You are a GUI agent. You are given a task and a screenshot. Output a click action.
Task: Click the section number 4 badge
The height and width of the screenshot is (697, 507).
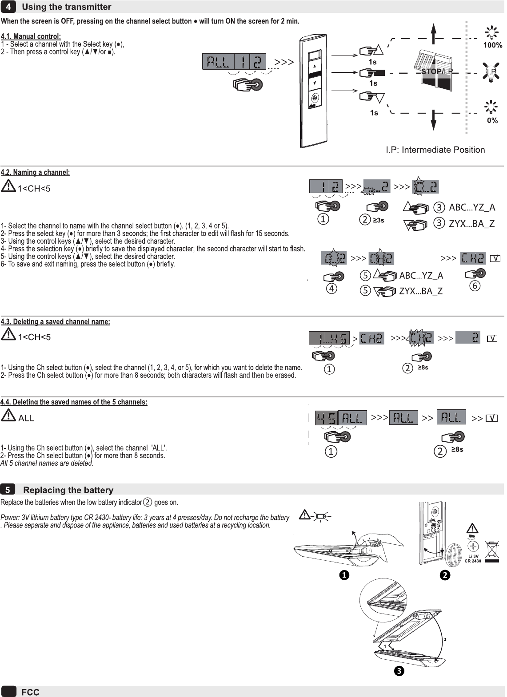click(8, 7)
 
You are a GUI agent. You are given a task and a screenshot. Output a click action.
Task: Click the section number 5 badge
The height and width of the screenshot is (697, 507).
click(8, 490)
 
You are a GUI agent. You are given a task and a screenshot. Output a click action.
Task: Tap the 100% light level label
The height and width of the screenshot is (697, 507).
click(492, 45)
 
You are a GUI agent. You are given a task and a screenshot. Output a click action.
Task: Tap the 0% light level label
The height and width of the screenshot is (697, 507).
click(492, 120)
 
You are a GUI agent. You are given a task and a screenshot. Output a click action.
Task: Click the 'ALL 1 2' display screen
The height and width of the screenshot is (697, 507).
click(234, 62)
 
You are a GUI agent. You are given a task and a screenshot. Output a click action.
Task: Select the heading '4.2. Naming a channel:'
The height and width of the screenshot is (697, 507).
click(36, 172)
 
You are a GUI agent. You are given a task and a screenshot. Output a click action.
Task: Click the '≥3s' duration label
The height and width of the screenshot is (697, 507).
click(379, 220)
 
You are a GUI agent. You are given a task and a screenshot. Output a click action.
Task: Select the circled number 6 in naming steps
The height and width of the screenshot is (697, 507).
click(475, 286)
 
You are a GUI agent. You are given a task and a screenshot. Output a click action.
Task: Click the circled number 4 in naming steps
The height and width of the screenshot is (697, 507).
click(331, 289)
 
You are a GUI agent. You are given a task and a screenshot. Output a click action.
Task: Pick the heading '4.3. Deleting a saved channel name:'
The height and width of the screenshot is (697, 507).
click(56, 322)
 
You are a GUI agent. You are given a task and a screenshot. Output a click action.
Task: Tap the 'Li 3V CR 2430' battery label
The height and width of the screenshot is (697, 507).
click(473, 558)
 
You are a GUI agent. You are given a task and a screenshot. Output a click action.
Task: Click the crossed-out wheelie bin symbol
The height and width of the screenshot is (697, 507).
click(492, 551)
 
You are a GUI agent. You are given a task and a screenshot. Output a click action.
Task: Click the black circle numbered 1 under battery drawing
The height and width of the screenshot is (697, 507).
click(343, 575)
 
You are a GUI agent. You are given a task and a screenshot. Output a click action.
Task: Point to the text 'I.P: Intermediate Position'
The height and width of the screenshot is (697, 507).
click(435, 150)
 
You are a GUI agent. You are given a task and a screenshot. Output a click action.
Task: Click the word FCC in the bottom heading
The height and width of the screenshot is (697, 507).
click(30, 692)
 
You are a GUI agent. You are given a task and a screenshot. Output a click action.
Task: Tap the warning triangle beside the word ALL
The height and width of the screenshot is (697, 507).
click(8, 416)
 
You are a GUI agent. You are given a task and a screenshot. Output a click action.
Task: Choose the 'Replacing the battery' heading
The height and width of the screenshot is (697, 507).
click(68, 490)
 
